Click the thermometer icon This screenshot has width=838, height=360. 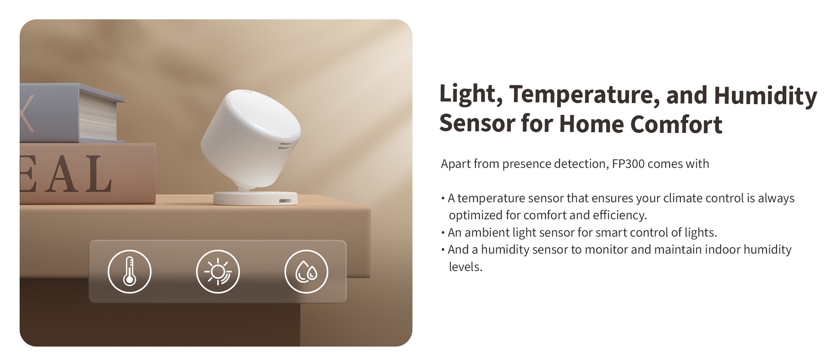[130, 271]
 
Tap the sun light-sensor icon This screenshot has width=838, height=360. [218, 271]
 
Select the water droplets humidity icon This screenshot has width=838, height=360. [306, 271]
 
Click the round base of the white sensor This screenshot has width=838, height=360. [255, 198]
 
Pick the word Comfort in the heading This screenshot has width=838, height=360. [676, 124]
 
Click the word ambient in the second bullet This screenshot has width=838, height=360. [487, 232]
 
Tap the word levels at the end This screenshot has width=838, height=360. [465, 267]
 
